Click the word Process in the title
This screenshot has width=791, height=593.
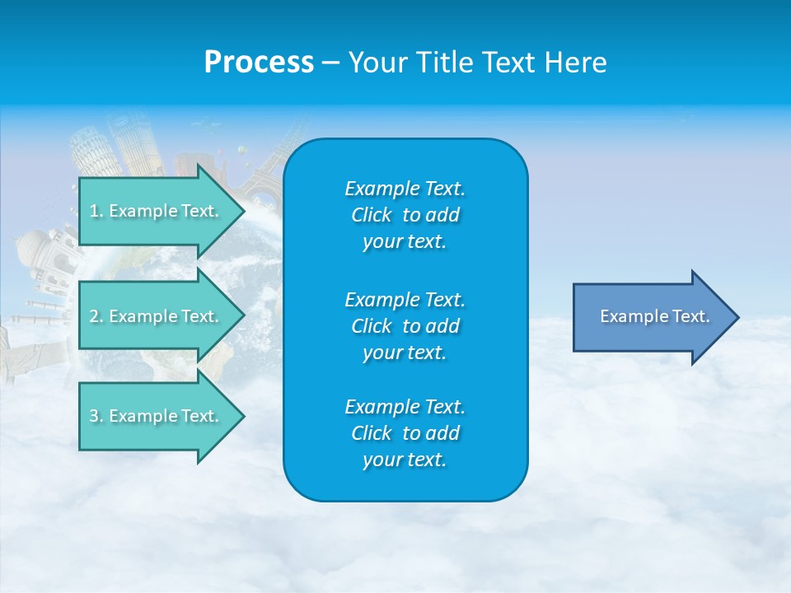click(x=259, y=63)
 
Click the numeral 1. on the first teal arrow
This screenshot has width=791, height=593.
click(x=96, y=211)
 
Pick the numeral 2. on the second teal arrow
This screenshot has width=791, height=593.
click(x=96, y=316)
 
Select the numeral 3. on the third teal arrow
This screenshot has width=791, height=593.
click(x=96, y=416)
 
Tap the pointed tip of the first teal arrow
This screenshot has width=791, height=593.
click(x=243, y=211)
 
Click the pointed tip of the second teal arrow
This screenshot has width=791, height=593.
click(x=243, y=316)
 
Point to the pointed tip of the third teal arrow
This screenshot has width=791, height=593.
click(x=243, y=416)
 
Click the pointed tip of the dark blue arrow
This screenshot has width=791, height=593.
click(x=737, y=317)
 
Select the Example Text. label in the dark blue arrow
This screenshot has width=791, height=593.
click(x=655, y=316)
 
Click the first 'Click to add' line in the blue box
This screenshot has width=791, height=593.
click(x=405, y=215)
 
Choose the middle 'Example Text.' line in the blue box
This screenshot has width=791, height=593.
click(x=405, y=299)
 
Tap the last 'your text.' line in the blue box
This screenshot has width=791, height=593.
click(x=405, y=460)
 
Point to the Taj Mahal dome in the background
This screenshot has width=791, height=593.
click(x=35, y=247)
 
